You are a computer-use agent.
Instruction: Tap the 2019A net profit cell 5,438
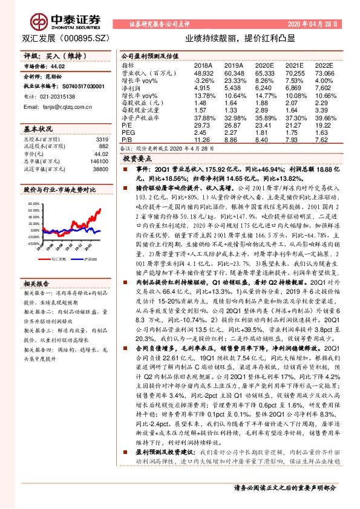233,88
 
